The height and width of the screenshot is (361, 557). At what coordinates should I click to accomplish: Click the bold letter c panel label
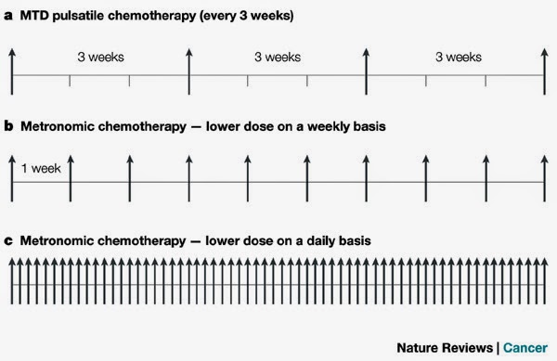tap(8, 240)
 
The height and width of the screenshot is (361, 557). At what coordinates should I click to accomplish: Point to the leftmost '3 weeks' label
tap(100, 58)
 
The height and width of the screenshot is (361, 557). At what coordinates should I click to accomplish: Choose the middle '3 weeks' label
tap(278, 58)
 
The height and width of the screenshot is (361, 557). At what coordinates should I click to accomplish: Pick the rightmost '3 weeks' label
tap(458, 58)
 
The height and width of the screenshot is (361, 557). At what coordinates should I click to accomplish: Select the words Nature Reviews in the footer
tap(447, 348)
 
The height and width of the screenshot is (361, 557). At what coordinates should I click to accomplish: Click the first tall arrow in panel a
tap(11, 70)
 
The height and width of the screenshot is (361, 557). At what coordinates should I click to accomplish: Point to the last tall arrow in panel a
tap(545, 70)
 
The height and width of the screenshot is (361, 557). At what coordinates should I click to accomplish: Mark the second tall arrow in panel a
tap(188, 70)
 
